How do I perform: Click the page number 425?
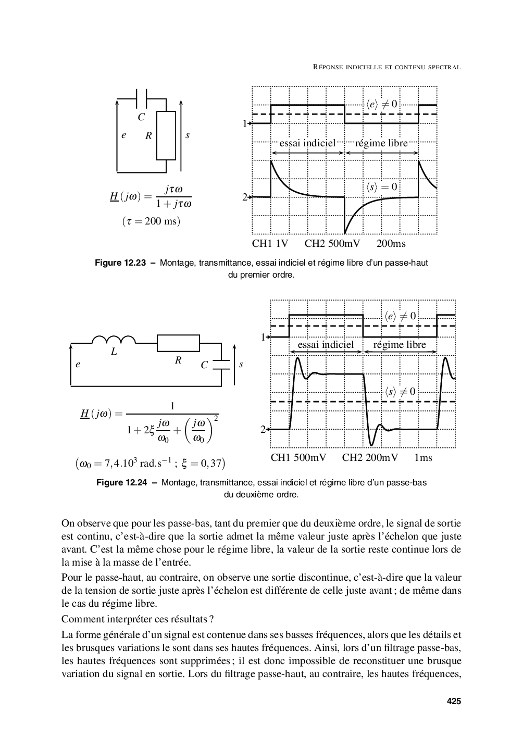tap(454, 702)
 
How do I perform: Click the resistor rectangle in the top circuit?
tap(166, 135)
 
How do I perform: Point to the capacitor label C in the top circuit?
tap(141, 118)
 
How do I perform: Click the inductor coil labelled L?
tap(114, 341)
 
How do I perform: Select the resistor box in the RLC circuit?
tap(178, 343)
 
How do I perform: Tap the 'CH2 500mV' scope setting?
tap(332, 244)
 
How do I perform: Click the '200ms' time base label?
tap(391, 244)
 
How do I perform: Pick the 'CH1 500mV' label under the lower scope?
tap(298, 458)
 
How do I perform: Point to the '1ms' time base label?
tap(423, 458)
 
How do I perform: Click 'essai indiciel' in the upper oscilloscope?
tap(307, 143)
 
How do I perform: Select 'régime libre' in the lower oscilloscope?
tap(400, 345)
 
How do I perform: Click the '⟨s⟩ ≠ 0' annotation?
tap(400, 391)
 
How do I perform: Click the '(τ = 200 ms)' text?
tap(151, 221)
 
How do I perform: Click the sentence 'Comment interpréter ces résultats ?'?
tap(138, 619)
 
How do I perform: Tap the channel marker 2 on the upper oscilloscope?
tap(244, 197)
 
